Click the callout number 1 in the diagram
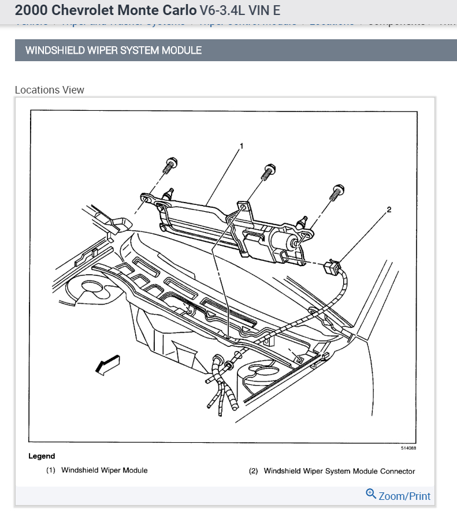[x=241, y=146]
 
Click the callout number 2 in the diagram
[x=389, y=210]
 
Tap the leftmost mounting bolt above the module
[x=169, y=166]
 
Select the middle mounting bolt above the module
[x=268, y=171]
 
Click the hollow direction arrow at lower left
[x=107, y=364]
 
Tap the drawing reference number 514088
[x=408, y=448]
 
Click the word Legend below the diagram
[x=42, y=456]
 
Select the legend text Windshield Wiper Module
[x=105, y=470]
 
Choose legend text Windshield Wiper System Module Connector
[x=339, y=471]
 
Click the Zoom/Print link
[x=404, y=496]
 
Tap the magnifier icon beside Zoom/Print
[x=371, y=494]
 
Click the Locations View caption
[x=49, y=90]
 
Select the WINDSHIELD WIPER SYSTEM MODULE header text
[x=113, y=50]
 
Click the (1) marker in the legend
[x=51, y=470]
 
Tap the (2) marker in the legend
[x=253, y=471]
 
